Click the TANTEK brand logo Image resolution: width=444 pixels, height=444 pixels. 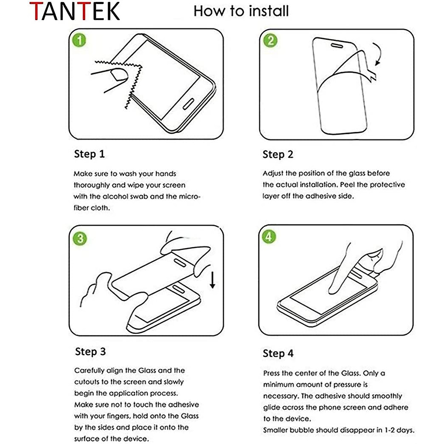coord(75,11)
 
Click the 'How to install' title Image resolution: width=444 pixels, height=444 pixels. coord(241,11)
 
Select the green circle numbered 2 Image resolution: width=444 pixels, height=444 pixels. coord(270,41)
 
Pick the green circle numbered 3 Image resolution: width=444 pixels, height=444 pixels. coord(80,239)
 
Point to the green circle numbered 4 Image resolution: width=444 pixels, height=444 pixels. coord(269,237)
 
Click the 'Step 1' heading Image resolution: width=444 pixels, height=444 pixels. coord(90,154)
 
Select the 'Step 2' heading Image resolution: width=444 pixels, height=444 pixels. coord(278,154)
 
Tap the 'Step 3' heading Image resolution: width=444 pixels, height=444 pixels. coord(90,351)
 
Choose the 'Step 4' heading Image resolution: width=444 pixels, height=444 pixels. coord(278,353)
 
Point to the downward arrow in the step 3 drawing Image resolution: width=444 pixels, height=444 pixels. coord(212,280)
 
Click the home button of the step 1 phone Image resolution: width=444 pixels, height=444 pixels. coord(188,104)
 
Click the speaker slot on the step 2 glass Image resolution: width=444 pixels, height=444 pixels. coord(337,46)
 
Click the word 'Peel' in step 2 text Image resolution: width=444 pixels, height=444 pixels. coord(347,185)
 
